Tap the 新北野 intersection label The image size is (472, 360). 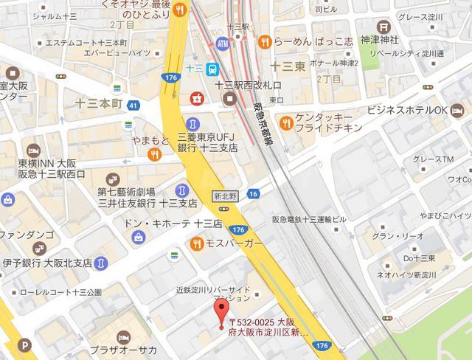225,195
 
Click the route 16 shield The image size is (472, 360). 254,193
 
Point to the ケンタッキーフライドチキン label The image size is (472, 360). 325,122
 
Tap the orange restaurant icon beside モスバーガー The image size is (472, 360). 197,243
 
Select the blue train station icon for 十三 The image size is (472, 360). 212,69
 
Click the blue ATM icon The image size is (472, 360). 223,46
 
